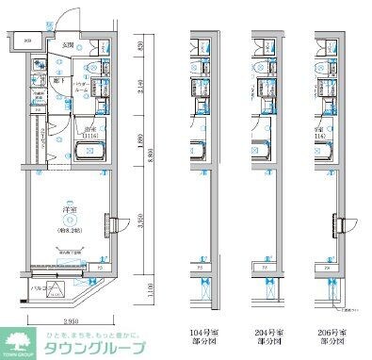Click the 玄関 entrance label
(x=68, y=45)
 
